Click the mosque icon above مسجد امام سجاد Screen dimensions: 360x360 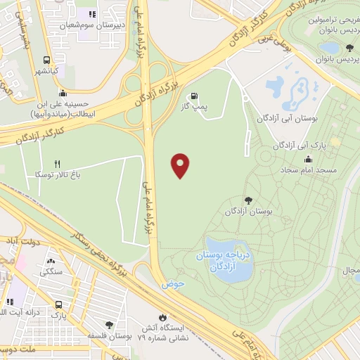tap(309, 159)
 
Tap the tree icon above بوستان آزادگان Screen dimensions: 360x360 tap(247, 200)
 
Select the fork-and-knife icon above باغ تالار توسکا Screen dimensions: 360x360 tap(67, 163)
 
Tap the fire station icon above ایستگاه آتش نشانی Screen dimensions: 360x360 tap(164, 317)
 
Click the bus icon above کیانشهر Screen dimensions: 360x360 tap(46, 60)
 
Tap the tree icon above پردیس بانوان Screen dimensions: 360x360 tap(349, 47)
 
